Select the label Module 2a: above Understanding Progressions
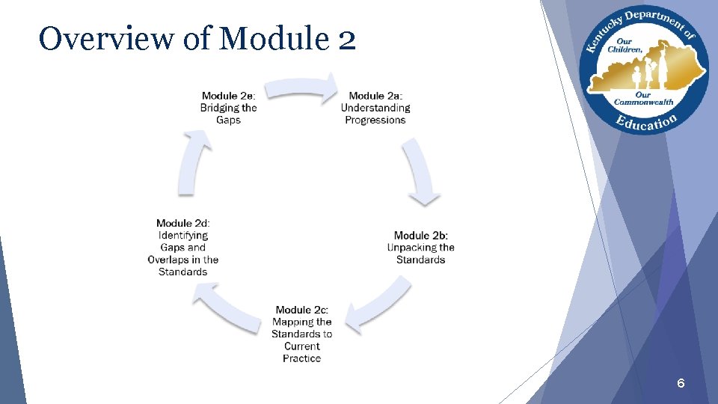point(375,96)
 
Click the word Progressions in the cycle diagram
point(375,120)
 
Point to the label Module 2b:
point(421,236)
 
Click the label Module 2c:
point(302,310)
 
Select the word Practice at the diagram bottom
point(302,358)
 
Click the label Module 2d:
point(183,223)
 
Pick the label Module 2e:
point(229,96)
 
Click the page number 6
point(681,384)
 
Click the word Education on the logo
point(646,121)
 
